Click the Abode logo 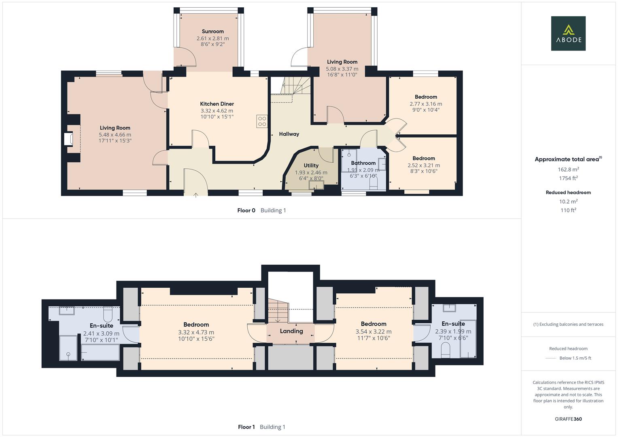point(568,34)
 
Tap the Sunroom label point(212,32)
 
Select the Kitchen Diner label point(217,104)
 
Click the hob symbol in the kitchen point(262,121)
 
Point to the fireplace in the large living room point(68,139)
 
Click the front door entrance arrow point(196,195)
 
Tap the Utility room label point(311,165)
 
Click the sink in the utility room point(316,185)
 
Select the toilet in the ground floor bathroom point(373,184)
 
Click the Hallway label point(289,134)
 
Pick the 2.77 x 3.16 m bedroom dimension point(426,104)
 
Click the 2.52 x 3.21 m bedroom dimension point(424,165)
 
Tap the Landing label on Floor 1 point(291,331)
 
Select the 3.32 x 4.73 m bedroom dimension point(196,332)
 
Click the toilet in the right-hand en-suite point(445,350)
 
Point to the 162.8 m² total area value point(568,170)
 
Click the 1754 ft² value point(568,178)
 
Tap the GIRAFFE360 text point(568,419)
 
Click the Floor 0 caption point(246,210)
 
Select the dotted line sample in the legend point(551,358)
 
